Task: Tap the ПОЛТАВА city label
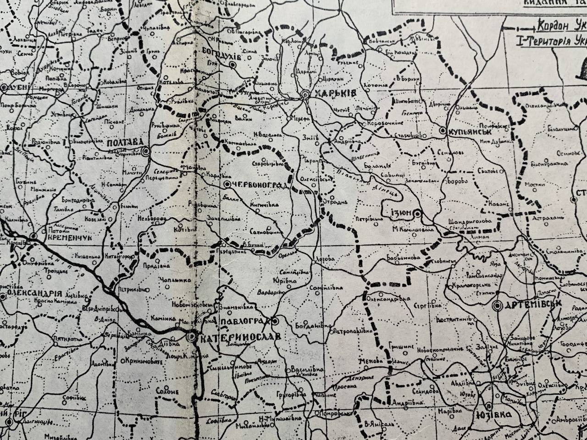[122, 143]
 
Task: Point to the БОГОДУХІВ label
[222, 50]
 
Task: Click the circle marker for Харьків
[305, 95]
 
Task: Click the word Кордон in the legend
[558, 24]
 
